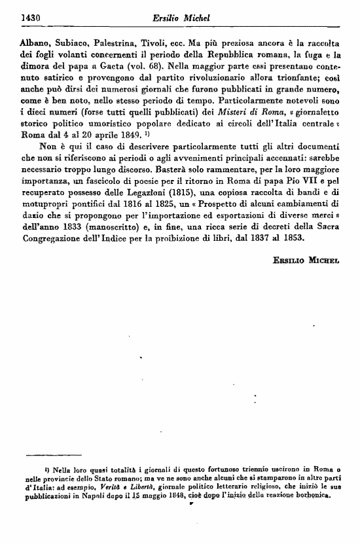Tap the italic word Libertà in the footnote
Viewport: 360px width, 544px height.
point(139,488)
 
